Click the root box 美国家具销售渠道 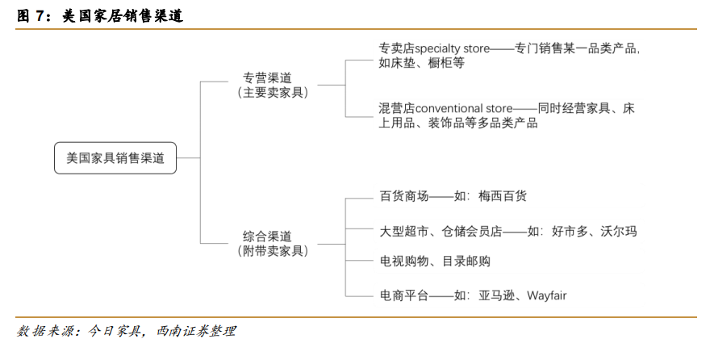point(115,158)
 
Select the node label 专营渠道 point(267,77)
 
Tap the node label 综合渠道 point(267,237)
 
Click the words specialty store point(453,48)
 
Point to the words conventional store point(464,109)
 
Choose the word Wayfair point(547,296)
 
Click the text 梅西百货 point(503,196)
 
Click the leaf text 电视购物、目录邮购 point(435,262)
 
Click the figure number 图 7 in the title point(31,16)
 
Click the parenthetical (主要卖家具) point(273,92)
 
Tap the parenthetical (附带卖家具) point(273,251)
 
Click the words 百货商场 point(404,196)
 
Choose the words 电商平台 point(404,296)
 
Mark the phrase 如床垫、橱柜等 point(421,63)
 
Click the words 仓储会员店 point(472,232)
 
